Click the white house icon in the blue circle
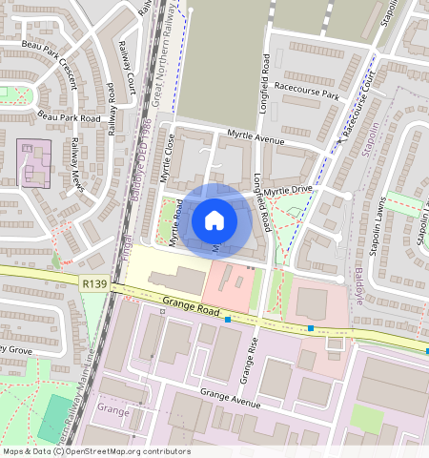(214, 220)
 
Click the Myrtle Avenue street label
(256, 139)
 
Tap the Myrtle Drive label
(288, 191)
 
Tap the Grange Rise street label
(248, 360)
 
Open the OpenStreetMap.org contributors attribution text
(128, 450)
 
